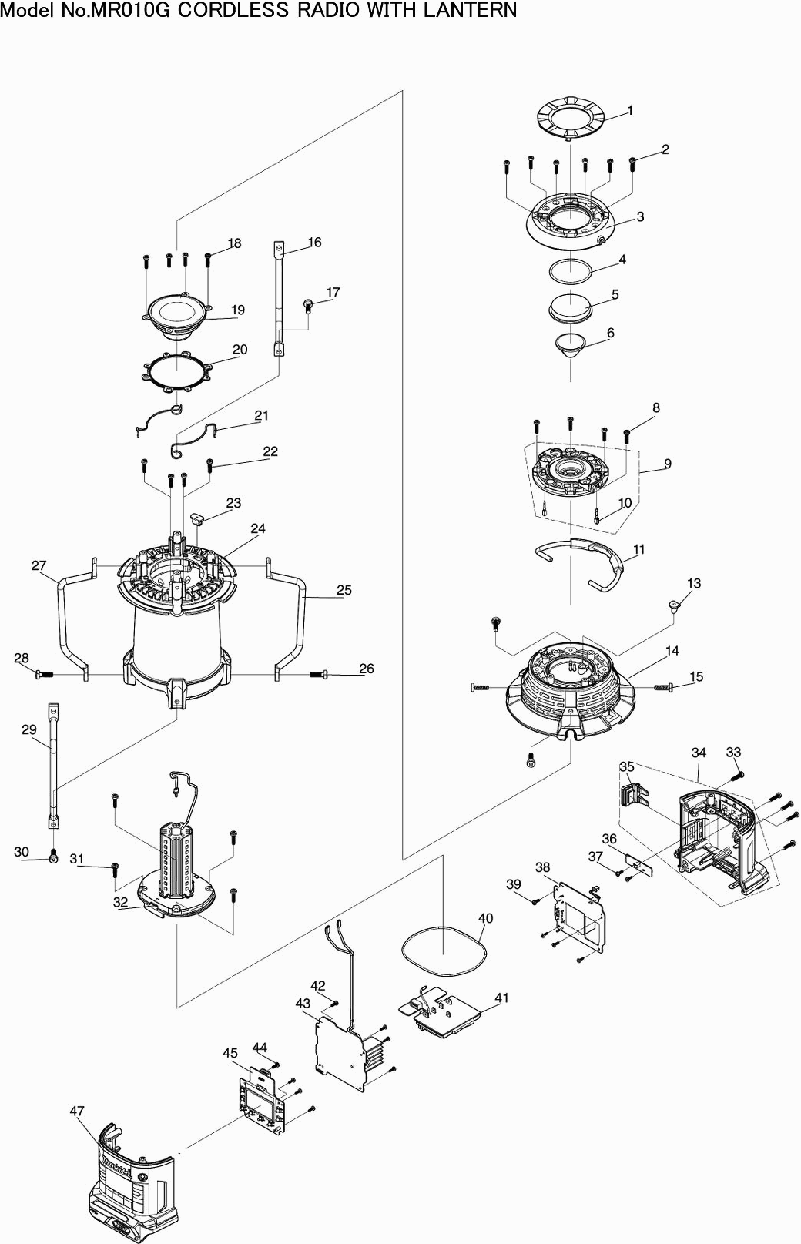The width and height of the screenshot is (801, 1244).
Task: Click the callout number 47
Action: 76,1111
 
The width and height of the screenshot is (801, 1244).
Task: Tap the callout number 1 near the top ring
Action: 630,110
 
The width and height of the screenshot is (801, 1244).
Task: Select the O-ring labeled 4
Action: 571,271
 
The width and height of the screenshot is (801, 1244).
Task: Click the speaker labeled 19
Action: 176,316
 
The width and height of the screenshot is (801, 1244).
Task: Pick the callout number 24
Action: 258,528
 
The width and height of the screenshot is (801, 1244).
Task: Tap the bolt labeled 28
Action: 44,674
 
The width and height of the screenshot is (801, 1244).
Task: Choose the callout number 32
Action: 120,902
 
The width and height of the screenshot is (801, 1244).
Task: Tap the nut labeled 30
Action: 52,856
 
